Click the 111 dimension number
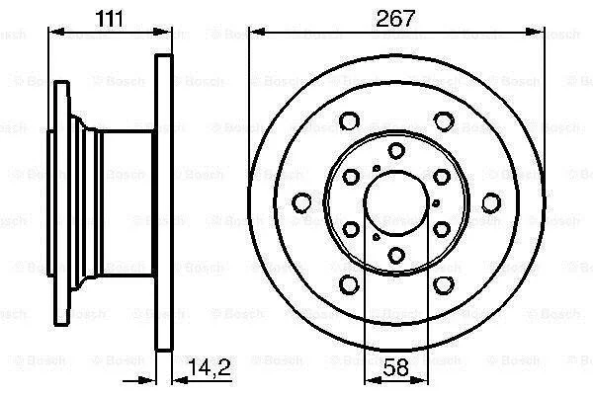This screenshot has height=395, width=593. (110, 18)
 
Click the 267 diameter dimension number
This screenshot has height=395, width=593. (395, 18)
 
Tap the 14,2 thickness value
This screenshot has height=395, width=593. (210, 367)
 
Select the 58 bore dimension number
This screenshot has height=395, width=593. (396, 367)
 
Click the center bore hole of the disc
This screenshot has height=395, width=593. (396, 202)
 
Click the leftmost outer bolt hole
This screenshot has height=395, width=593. (302, 202)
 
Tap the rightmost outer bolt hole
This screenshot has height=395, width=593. (491, 202)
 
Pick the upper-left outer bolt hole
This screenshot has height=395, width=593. (349, 120)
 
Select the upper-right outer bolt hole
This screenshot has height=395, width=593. (444, 120)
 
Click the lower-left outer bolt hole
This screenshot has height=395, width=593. (349, 284)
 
